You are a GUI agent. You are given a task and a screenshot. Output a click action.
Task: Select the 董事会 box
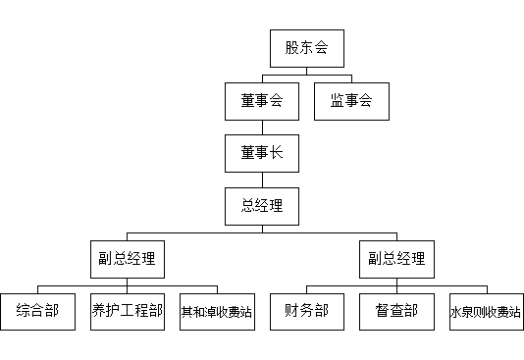[x=262, y=101]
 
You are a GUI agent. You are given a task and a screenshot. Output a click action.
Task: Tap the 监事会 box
[x=351, y=101]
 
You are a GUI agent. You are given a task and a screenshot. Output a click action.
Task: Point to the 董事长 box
[x=262, y=153]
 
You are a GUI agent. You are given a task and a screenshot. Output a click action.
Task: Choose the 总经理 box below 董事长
[x=262, y=206]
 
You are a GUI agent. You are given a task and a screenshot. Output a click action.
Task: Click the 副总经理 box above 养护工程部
[x=127, y=259]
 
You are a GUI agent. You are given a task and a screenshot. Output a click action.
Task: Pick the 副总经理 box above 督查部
[x=396, y=259]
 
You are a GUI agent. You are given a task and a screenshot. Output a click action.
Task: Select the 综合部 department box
[x=37, y=312]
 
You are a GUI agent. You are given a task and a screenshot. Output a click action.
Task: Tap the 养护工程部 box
[x=127, y=312]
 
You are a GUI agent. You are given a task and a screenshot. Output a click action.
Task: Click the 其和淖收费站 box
[x=217, y=312]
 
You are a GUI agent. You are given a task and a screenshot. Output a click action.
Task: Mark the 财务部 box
[x=307, y=312]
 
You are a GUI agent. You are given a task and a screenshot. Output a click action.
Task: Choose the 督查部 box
[x=396, y=312]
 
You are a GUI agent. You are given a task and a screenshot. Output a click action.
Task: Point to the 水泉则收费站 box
[x=486, y=312]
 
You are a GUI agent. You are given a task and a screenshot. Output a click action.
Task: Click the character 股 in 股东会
[x=292, y=47]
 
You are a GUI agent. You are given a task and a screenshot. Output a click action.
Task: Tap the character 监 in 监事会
[x=337, y=100]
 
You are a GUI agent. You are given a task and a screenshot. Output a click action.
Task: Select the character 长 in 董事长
[x=277, y=153]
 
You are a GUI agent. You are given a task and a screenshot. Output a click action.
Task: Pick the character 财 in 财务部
[x=292, y=311]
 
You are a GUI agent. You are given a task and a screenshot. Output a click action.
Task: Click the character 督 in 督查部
[x=382, y=311]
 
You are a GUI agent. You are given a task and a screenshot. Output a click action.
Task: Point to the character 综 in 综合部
[x=23, y=311]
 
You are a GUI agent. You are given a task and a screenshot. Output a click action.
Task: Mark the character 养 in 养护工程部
[x=99, y=311]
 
